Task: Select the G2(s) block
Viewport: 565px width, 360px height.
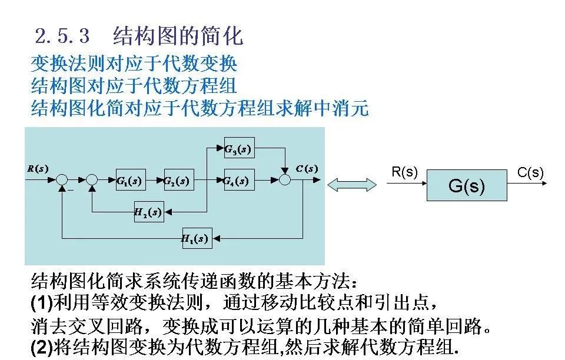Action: (x=178, y=180)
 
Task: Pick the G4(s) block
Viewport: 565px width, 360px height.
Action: (x=239, y=180)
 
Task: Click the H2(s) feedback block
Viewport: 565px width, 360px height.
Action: (x=148, y=212)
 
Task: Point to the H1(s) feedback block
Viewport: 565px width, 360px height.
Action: (x=197, y=238)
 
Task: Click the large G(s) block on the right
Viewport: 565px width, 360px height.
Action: (x=466, y=185)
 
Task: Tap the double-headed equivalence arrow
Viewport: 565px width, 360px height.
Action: (x=352, y=185)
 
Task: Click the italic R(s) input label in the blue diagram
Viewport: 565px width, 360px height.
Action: (x=38, y=169)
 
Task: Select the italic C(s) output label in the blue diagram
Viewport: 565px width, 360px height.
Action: (x=307, y=169)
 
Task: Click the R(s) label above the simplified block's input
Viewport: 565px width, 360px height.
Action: (x=404, y=172)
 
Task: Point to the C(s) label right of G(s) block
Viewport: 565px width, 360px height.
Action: (x=530, y=172)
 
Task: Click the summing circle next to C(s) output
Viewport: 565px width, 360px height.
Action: (x=285, y=180)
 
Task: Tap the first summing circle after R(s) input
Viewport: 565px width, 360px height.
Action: (x=62, y=180)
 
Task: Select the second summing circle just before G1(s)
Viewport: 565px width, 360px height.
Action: (x=91, y=180)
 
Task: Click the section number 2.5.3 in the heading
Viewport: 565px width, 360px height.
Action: (x=62, y=36)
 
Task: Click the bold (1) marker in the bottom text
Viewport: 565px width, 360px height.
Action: (x=41, y=303)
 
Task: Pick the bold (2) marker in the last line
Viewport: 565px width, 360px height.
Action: (x=41, y=347)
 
